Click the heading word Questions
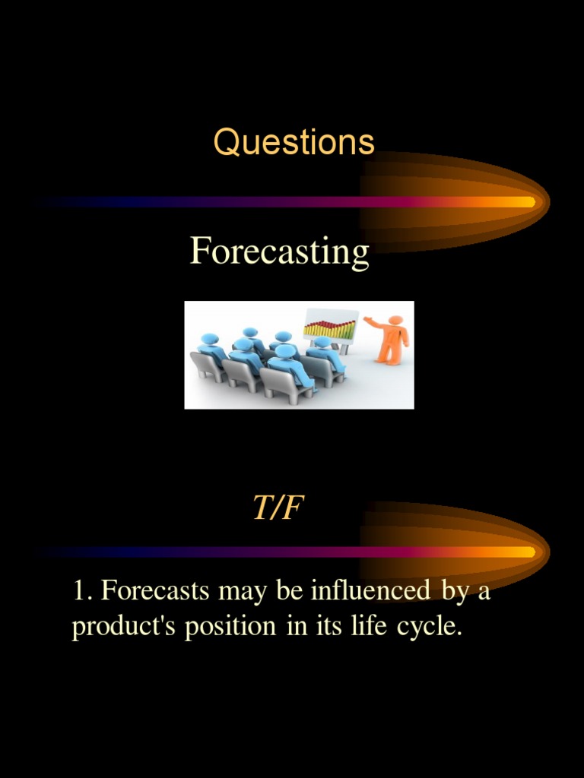294,142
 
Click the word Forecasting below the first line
279,251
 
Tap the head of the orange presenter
395,320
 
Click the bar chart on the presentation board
329,329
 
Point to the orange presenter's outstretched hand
367,319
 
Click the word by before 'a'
455,592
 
